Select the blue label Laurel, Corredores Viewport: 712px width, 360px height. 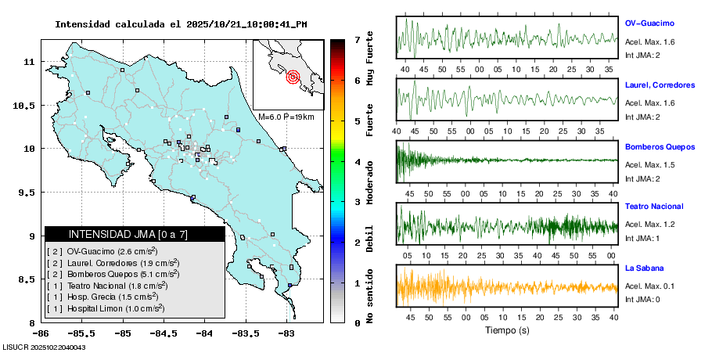(660, 85)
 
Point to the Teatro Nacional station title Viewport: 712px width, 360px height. (654, 207)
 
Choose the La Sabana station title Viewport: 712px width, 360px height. (643, 268)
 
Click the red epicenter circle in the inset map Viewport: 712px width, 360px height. (293, 77)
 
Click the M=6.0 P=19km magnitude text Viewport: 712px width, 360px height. (286, 117)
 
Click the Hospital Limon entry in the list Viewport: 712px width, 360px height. (106, 308)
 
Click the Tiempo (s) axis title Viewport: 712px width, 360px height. (507, 330)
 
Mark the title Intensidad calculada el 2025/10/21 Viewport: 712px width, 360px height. (181, 24)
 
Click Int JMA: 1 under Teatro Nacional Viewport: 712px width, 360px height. (642, 238)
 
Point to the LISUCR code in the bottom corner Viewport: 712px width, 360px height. (44, 347)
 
